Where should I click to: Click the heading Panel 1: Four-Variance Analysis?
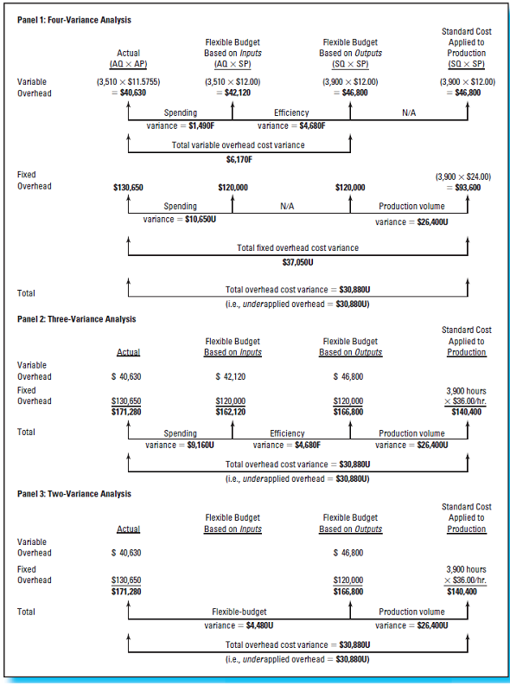[68, 19]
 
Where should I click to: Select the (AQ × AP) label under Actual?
[128, 64]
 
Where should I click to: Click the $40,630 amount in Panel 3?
[127, 552]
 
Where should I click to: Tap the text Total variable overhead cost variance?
[238, 145]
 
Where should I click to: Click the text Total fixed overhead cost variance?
[297, 248]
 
